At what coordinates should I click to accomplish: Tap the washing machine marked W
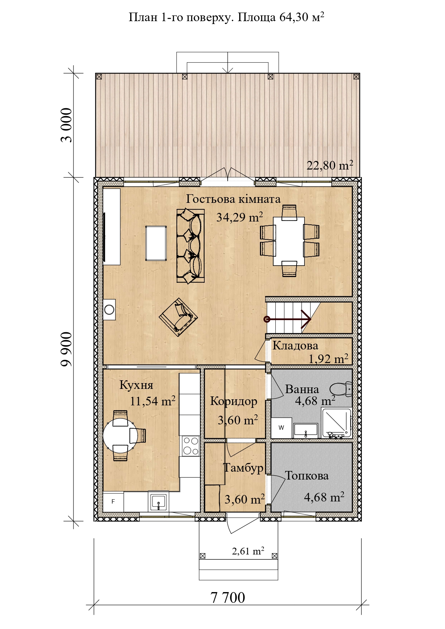point(281,428)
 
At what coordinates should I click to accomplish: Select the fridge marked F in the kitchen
point(113,502)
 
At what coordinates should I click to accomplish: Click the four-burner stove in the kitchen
point(191,446)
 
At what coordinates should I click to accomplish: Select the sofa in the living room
point(190,246)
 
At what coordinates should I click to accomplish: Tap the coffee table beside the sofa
point(156,243)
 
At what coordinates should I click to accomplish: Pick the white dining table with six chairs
point(289,241)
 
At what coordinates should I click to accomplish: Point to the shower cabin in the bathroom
point(337,423)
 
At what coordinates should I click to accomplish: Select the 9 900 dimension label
point(66,349)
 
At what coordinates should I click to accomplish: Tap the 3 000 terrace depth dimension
point(66,125)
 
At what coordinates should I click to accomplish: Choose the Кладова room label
point(295,346)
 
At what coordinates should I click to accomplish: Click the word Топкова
point(307,476)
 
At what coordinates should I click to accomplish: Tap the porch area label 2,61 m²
point(248,551)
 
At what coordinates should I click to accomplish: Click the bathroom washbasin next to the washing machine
point(306,430)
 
